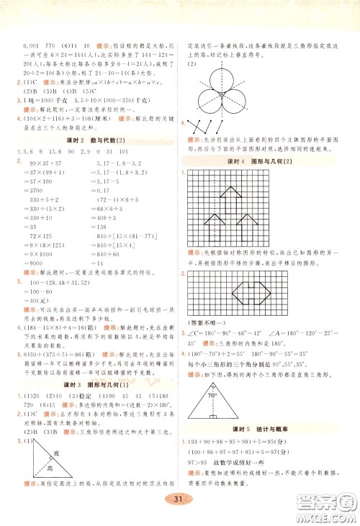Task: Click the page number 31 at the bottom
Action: (x=180, y=500)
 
